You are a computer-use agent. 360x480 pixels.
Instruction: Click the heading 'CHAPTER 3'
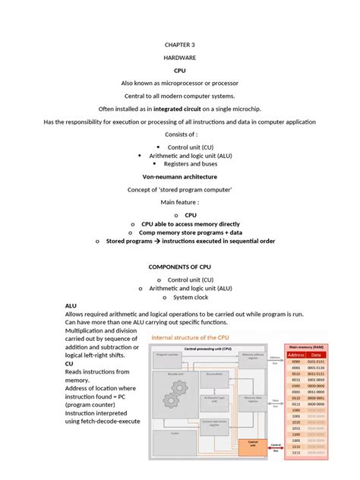click(x=179, y=45)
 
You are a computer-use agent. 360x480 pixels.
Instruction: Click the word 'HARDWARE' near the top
click(x=179, y=58)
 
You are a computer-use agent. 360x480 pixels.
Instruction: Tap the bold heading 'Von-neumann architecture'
click(x=179, y=175)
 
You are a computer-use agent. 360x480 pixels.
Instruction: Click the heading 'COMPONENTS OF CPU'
click(x=179, y=267)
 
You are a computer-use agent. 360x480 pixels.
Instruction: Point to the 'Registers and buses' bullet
click(x=185, y=163)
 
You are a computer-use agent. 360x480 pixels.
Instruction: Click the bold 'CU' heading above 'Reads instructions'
click(x=70, y=363)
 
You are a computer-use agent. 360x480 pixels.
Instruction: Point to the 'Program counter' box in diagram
click(x=167, y=355)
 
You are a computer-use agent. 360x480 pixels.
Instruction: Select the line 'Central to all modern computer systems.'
click(x=179, y=96)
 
